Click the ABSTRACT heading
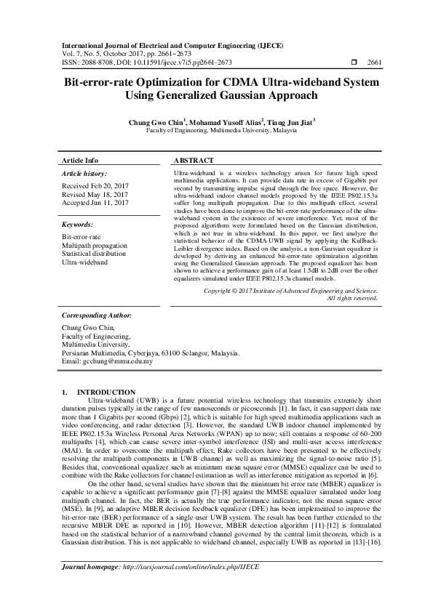click(194, 160)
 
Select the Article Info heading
click(80, 160)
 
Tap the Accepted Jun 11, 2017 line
click(95, 203)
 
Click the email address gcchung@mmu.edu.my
click(120, 361)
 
